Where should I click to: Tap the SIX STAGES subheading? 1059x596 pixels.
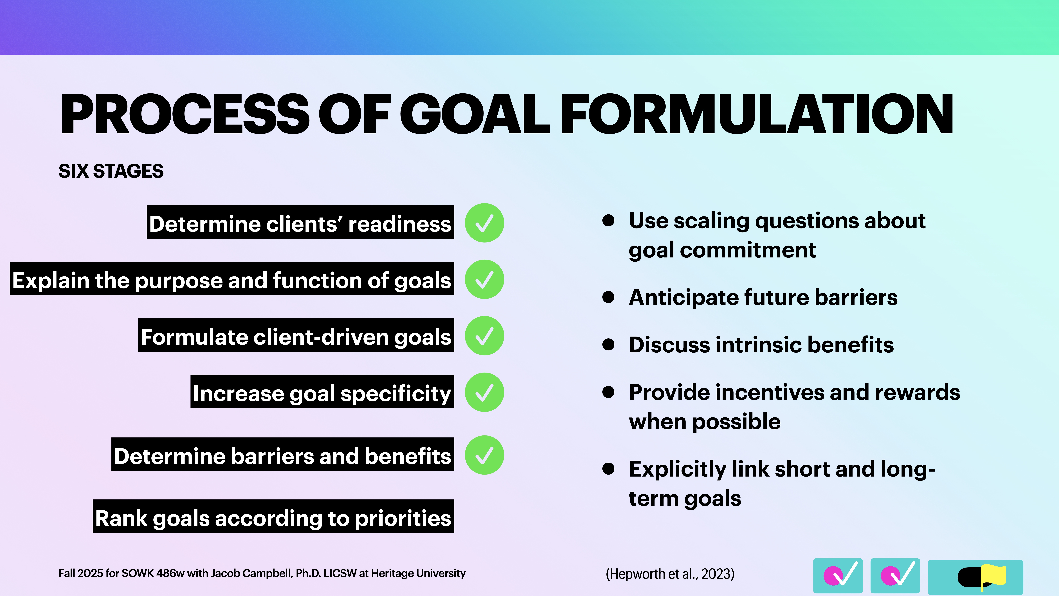(111, 171)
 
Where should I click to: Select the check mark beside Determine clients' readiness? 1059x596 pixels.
(484, 223)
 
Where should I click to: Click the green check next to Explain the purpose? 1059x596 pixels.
(484, 279)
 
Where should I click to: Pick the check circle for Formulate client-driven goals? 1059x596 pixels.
(484, 336)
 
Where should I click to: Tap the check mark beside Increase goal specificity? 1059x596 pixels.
(484, 392)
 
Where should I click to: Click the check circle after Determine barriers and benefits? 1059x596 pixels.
(484, 455)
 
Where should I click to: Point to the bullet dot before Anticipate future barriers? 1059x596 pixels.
(608, 297)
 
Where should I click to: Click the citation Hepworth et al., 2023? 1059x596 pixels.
(670, 573)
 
